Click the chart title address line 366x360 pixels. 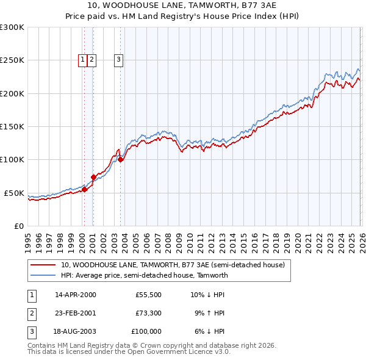[x=182, y=5]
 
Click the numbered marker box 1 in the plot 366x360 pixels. [x=82, y=60]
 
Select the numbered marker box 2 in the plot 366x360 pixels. [x=91, y=60]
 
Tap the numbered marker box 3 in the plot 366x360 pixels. [x=118, y=60]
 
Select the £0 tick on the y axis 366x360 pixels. [x=18, y=226]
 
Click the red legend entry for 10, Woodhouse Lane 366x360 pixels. [x=173, y=265]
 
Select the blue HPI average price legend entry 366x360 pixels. [x=144, y=275]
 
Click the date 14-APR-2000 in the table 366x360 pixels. [x=76, y=295]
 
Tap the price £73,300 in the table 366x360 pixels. [x=148, y=313]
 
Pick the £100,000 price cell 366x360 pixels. [x=147, y=331]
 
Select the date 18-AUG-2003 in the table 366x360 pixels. [x=76, y=331]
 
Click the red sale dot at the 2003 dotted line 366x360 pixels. [x=121, y=160]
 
